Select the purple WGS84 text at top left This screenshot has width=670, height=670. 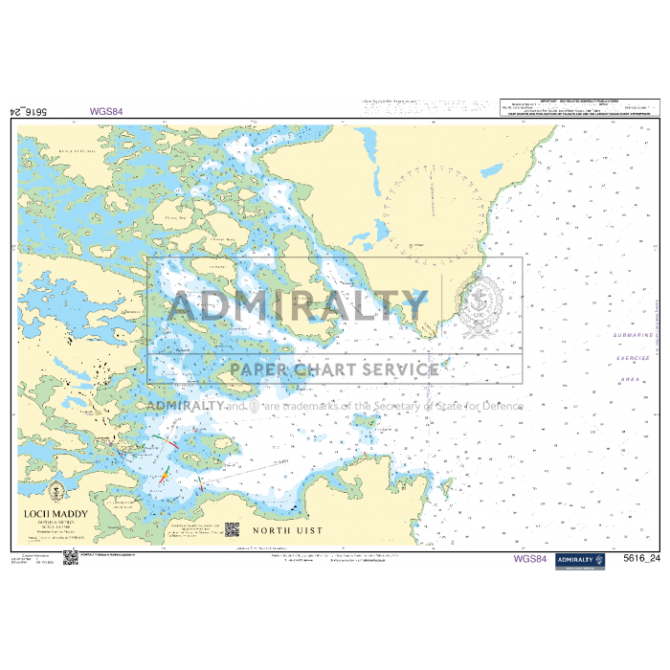(107, 110)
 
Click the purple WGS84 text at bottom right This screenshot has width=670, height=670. (529, 559)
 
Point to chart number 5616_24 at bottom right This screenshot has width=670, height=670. (641, 559)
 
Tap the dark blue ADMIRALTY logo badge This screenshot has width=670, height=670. (578, 560)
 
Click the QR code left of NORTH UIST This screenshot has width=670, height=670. (231, 528)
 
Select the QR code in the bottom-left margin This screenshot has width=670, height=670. (68, 557)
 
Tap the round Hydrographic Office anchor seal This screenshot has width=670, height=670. (478, 306)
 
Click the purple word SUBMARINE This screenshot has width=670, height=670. (633, 336)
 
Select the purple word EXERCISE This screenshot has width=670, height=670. (633, 358)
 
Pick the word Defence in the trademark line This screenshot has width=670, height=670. (501, 405)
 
